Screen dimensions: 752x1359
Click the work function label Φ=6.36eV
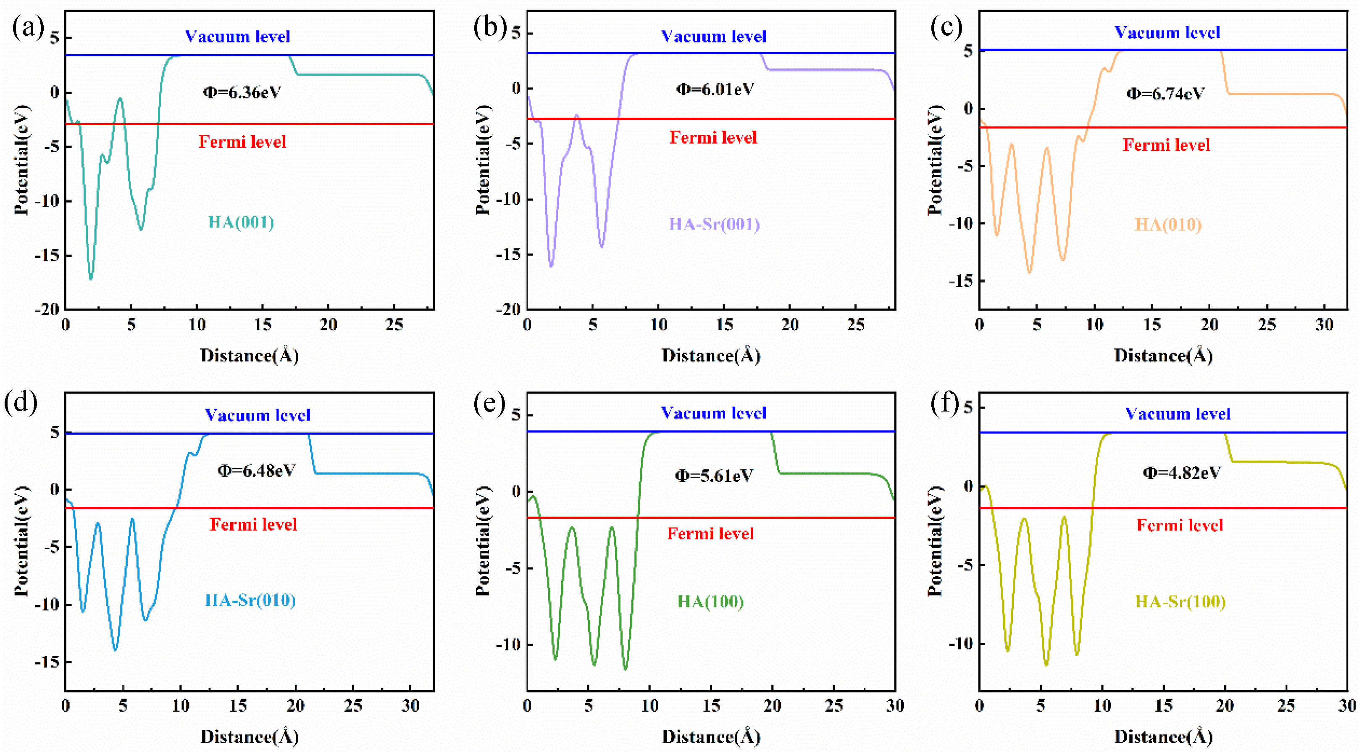pyautogui.click(x=242, y=92)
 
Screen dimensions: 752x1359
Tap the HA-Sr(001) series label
pyautogui.click(x=714, y=224)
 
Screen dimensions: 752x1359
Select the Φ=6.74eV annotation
pyautogui.click(x=1165, y=94)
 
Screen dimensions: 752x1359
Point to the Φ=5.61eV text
pyautogui.click(x=714, y=476)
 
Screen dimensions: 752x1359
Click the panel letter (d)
pyautogui.click(x=20, y=402)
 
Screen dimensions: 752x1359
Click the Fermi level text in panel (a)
pyautogui.click(x=242, y=142)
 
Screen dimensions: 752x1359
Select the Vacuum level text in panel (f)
pyautogui.click(x=1178, y=414)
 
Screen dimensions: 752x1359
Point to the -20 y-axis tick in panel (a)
pyautogui.click(x=47, y=309)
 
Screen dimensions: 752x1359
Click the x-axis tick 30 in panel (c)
pyautogui.click(x=1324, y=325)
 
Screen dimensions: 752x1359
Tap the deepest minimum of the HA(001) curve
pyautogui.click(x=91, y=278)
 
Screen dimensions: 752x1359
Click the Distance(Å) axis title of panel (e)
pyautogui.click(x=711, y=737)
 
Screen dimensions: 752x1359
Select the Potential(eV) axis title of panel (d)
pyautogui.click(x=21, y=541)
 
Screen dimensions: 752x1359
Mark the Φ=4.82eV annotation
pyautogui.click(x=1182, y=472)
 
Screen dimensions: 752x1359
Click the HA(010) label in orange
pyautogui.click(x=1168, y=225)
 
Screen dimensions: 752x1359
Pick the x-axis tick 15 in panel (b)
pyautogui.click(x=724, y=325)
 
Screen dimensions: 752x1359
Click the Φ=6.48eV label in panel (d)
pyautogui.click(x=256, y=470)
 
